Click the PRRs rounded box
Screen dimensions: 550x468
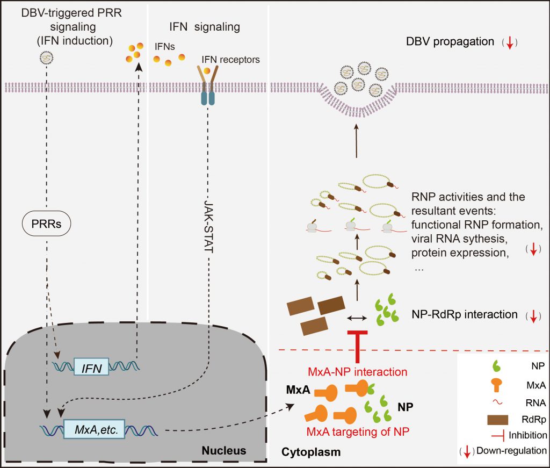click(47, 223)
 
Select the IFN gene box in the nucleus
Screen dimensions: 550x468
click(91, 367)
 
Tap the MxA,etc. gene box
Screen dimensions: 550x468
click(95, 429)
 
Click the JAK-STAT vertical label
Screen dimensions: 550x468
click(209, 226)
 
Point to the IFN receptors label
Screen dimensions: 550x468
click(230, 60)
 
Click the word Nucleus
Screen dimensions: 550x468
click(224, 450)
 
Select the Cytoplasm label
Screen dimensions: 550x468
click(311, 452)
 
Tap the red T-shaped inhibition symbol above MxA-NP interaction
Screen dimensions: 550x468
click(357, 346)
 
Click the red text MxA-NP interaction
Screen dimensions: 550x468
click(357, 372)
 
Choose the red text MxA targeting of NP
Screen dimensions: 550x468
click(358, 431)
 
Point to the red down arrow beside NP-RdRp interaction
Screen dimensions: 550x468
click(533, 316)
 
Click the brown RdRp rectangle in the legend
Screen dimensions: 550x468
click(498, 420)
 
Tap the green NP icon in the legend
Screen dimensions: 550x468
click(496, 366)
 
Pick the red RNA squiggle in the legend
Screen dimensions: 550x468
click(497, 402)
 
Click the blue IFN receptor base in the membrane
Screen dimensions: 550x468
click(208, 98)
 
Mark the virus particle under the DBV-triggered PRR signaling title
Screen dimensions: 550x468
click(46, 57)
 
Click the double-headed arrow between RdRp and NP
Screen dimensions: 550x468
click(357, 318)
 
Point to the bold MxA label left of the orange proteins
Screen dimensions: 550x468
click(298, 390)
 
